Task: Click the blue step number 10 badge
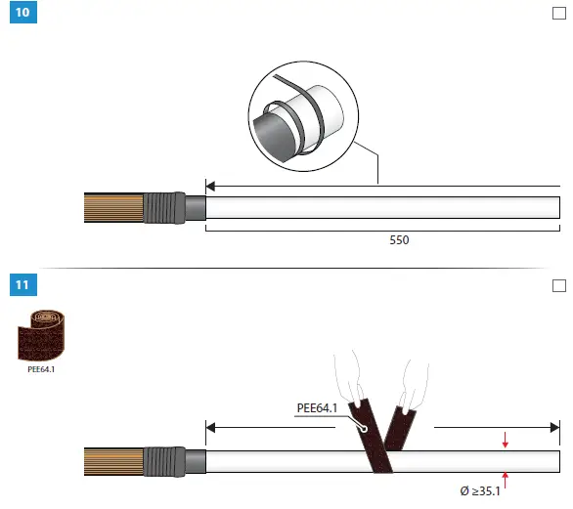coord(23,12)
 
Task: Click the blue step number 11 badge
coord(23,285)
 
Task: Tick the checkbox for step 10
coord(559,13)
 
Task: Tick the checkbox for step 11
coord(559,285)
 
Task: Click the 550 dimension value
coord(399,240)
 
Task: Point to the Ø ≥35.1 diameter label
coord(480,491)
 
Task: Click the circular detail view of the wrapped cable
coord(303,116)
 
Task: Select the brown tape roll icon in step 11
coord(41,335)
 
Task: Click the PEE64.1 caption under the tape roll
coord(41,369)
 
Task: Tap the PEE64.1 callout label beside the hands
coord(317,407)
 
